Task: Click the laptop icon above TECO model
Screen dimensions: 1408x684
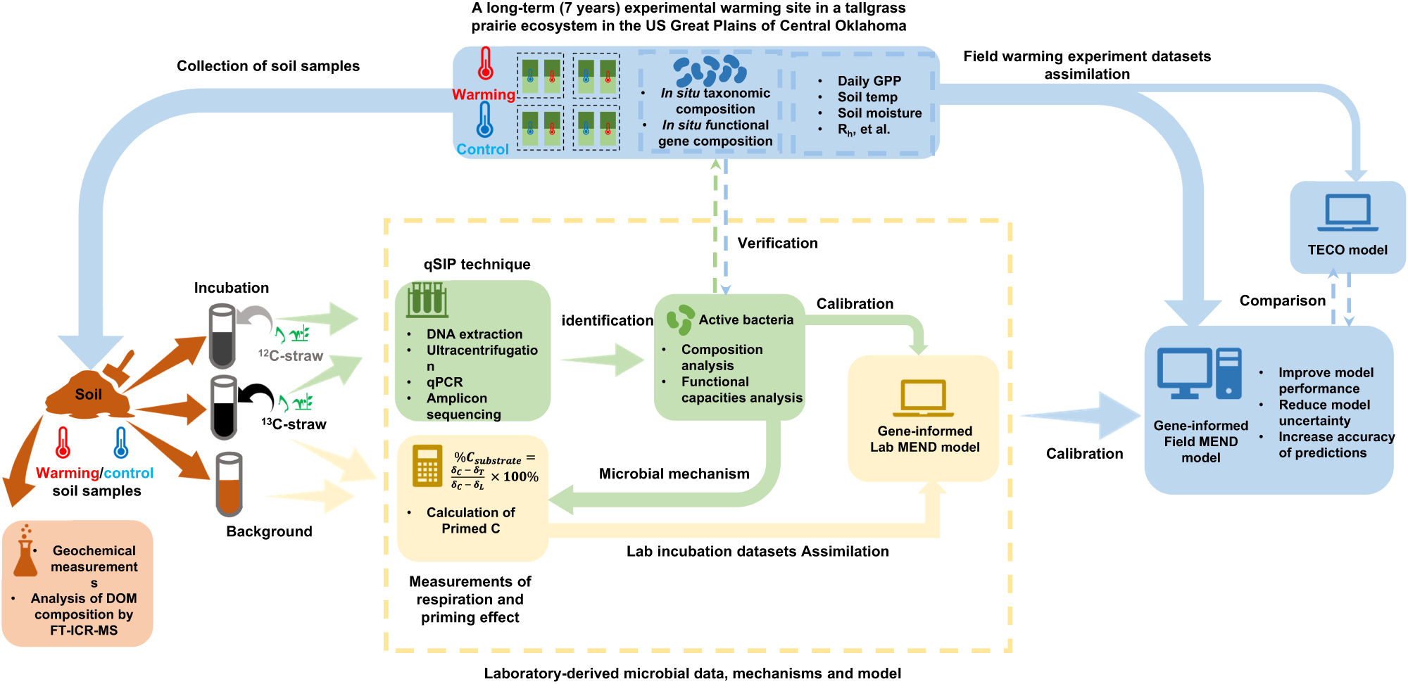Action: point(1347,213)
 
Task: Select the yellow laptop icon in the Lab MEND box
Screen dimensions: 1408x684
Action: point(923,398)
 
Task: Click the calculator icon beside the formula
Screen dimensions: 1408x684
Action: point(427,466)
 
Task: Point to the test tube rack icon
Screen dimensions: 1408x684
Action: point(427,299)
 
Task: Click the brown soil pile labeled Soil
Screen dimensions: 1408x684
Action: point(88,395)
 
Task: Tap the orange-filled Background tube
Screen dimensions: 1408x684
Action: point(229,485)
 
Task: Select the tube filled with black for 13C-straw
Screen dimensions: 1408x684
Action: point(224,407)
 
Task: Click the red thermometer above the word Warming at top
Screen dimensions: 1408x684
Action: point(485,64)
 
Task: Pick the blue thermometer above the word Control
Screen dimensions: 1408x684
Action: point(484,119)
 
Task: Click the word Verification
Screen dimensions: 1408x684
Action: point(777,243)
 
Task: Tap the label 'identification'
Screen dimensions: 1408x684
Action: point(608,320)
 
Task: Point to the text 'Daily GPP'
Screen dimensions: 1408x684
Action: point(869,81)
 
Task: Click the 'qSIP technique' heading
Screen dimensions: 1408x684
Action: point(477,264)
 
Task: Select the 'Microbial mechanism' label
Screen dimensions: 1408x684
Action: point(674,474)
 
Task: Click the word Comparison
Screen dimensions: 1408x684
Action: point(1282,300)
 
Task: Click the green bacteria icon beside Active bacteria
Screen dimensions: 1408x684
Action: point(680,319)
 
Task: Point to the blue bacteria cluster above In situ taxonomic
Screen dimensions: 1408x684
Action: point(710,70)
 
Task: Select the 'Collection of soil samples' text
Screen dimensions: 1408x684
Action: point(268,66)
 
